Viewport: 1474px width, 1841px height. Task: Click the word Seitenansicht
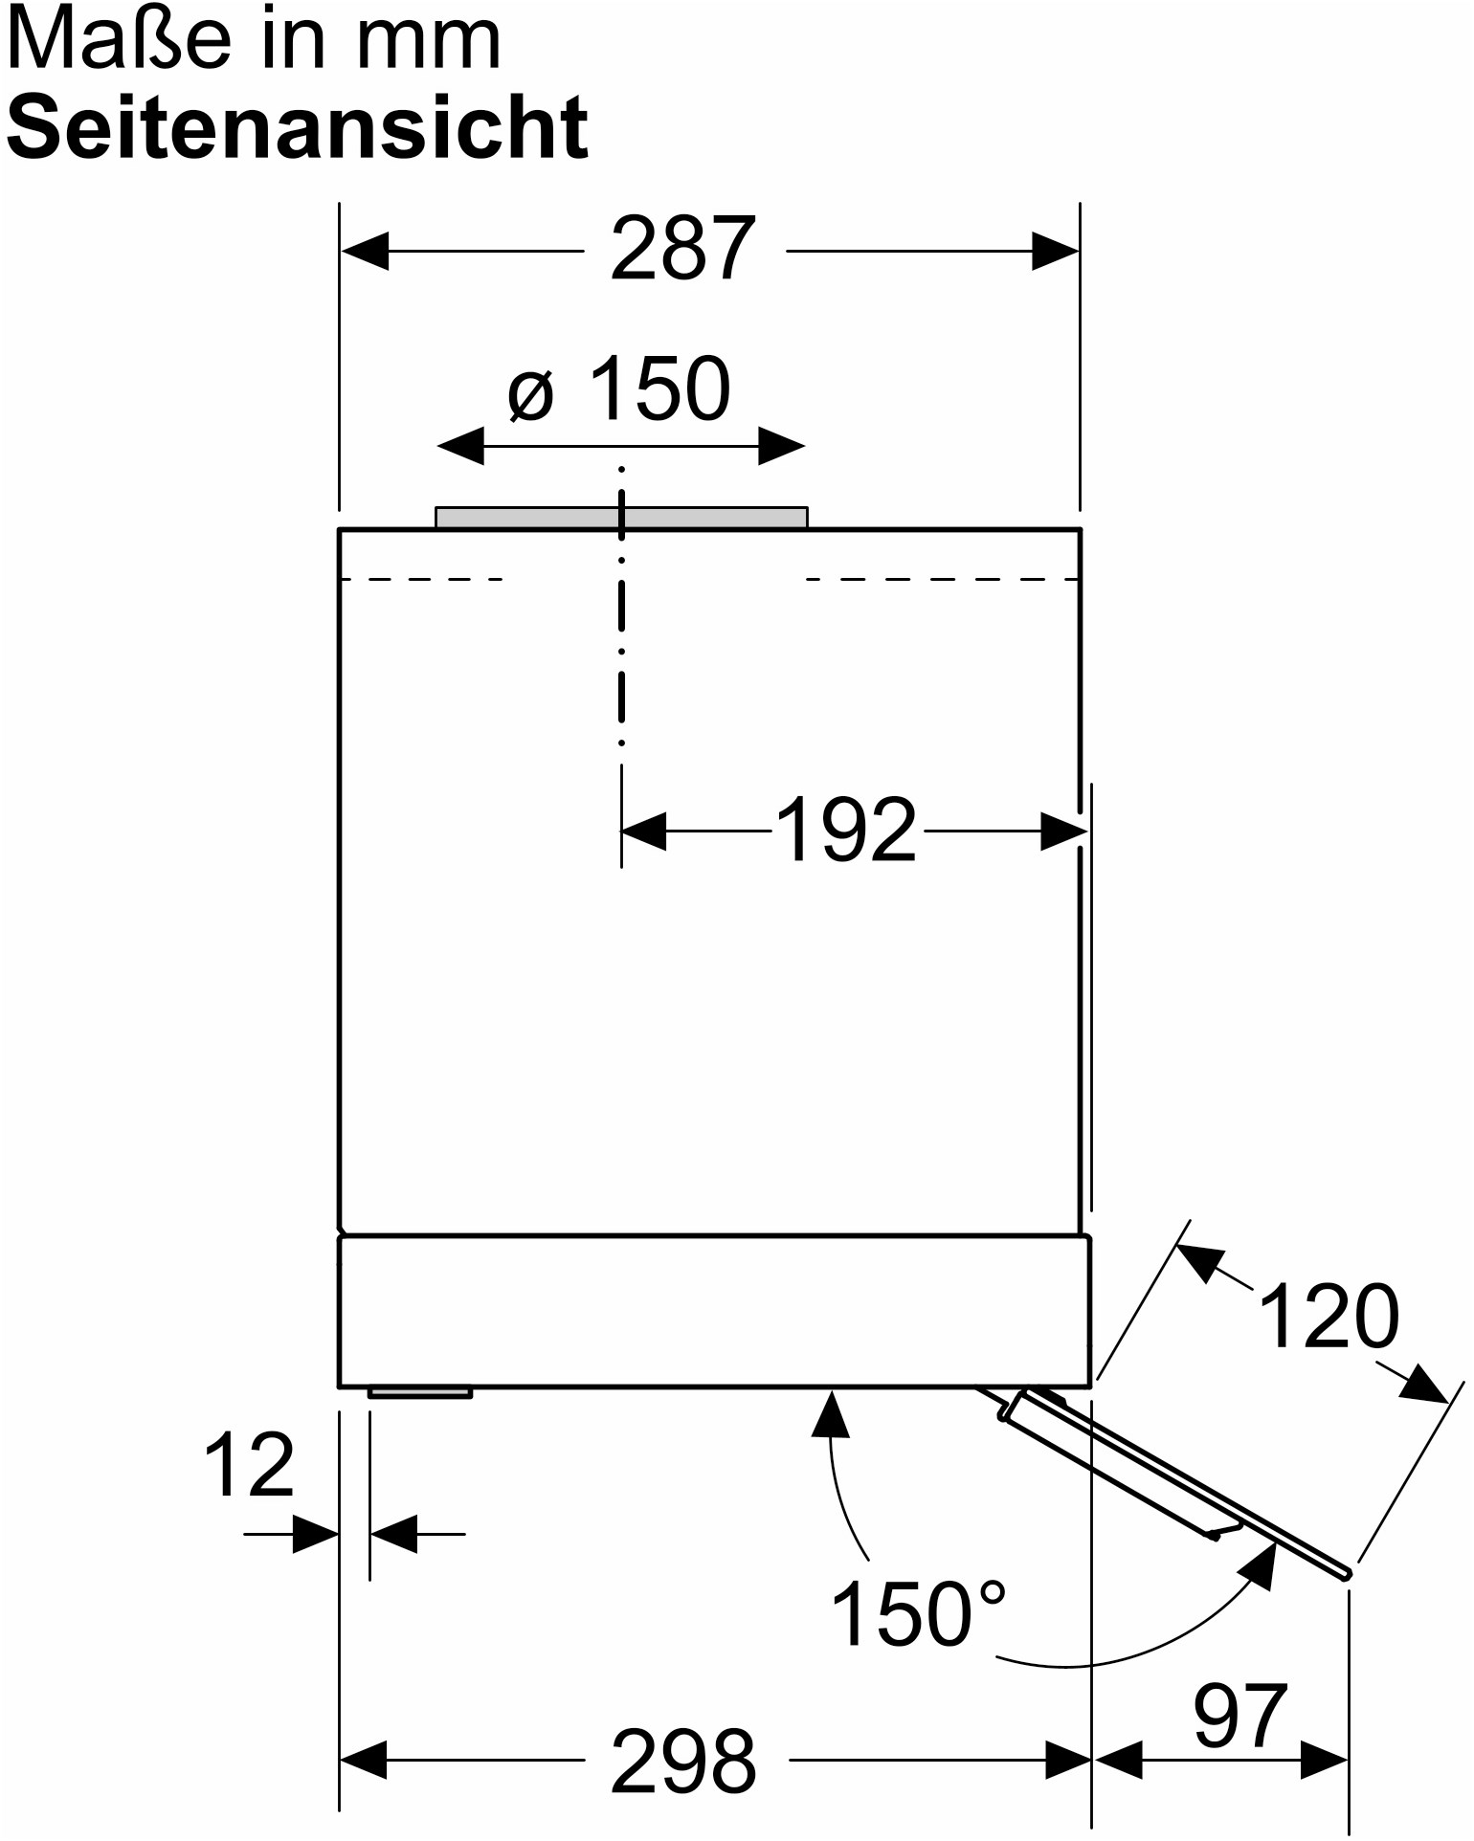[x=298, y=126]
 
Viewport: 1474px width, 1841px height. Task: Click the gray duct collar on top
[x=621, y=517]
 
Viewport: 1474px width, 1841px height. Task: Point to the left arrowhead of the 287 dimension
[x=365, y=252]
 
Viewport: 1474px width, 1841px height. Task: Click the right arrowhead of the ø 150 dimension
[x=781, y=445]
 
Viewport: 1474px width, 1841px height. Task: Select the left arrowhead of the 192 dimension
[x=644, y=831]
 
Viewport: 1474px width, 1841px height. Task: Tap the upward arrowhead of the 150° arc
[x=831, y=1414]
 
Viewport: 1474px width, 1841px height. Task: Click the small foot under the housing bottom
[x=420, y=1392]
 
